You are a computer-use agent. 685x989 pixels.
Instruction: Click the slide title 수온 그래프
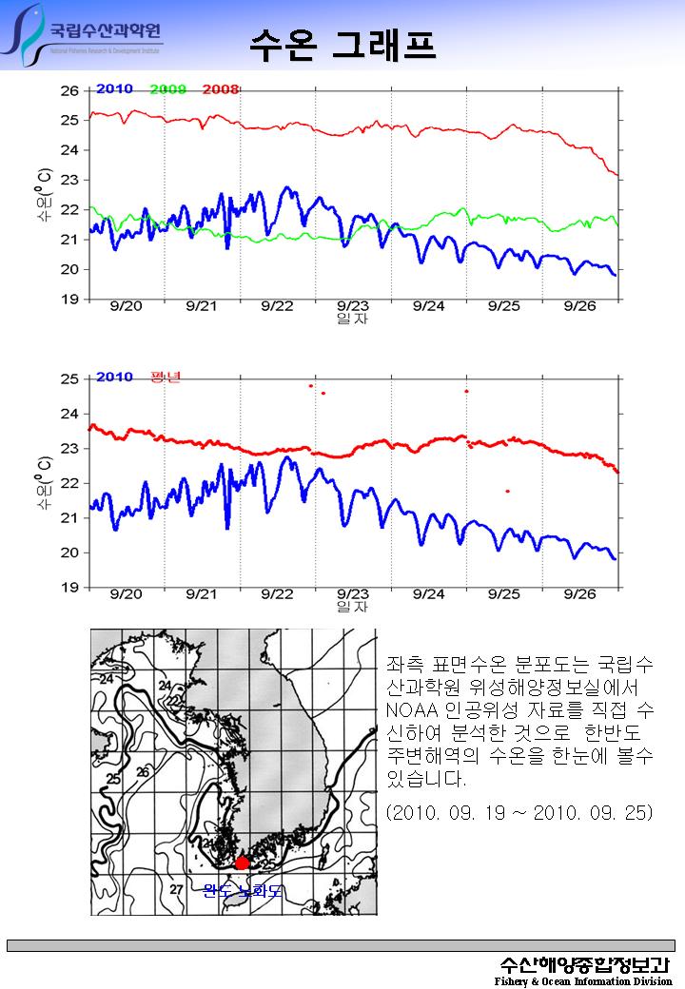tap(342, 42)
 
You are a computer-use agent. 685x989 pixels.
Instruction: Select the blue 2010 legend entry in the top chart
tap(114, 89)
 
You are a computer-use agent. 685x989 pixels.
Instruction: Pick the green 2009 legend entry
tap(167, 89)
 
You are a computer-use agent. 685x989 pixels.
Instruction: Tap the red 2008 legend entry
tap(221, 89)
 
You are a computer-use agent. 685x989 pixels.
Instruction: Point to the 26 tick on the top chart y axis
tap(69, 90)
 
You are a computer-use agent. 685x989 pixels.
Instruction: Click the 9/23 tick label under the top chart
tap(353, 306)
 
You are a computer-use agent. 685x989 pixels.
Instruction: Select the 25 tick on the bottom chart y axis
tap(69, 379)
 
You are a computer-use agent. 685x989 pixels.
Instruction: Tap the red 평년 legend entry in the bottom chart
tap(165, 378)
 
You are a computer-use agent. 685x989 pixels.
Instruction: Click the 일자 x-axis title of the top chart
tap(353, 320)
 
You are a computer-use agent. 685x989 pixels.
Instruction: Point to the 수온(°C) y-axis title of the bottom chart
tap(44, 483)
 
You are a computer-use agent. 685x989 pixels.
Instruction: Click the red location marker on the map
tap(243, 862)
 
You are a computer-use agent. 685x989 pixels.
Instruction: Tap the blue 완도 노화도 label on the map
tap(243, 890)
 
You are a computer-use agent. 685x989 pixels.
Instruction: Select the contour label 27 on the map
tap(176, 889)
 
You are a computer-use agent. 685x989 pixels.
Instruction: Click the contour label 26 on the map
tap(143, 772)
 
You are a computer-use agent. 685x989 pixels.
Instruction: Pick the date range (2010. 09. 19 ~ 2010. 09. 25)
tap(519, 814)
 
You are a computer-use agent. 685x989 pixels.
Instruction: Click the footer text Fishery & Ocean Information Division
tap(583, 981)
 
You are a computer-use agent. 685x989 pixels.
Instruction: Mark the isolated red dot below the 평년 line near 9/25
tap(507, 491)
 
